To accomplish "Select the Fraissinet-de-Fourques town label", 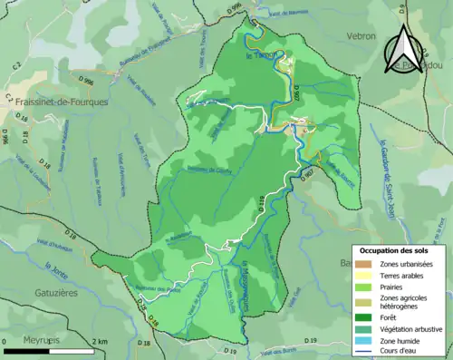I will coord(51,102).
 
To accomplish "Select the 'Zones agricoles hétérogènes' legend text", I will coord(404,302).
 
